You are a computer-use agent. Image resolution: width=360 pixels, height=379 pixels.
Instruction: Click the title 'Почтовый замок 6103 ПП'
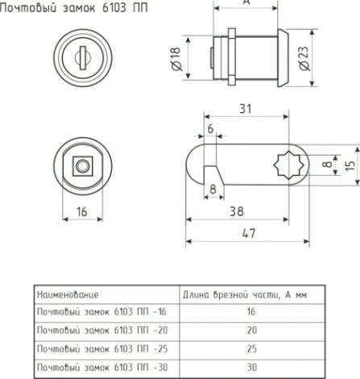click(74, 8)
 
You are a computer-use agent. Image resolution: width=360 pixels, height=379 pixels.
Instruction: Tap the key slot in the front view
click(83, 58)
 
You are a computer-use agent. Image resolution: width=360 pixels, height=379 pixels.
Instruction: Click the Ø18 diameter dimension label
click(176, 59)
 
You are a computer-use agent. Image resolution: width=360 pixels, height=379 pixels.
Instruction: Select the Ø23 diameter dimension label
click(304, 58)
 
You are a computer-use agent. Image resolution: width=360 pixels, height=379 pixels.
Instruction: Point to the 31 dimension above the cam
click(246, 109)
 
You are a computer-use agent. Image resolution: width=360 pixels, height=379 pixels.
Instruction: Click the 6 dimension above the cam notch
click(211, 129)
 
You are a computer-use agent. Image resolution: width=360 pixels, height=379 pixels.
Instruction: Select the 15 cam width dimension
click(350, 165)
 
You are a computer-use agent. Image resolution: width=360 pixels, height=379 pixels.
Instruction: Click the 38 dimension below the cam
click(237, 211)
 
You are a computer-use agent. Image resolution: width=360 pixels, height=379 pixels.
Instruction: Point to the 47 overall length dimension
click(249, 233)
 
